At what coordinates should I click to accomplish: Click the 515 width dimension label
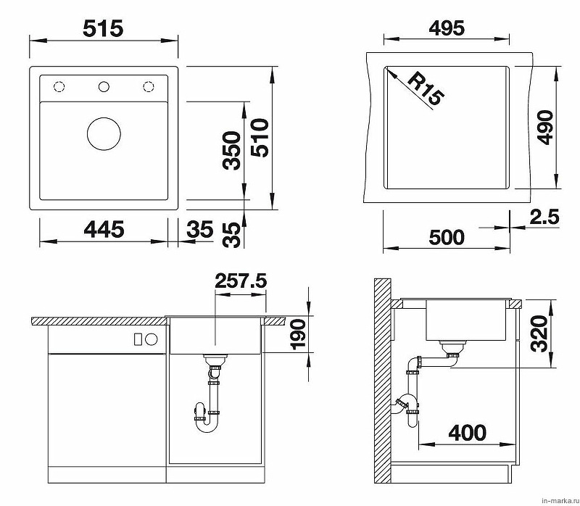[x=103, y=28]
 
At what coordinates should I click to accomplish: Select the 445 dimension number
[x=104, y=229]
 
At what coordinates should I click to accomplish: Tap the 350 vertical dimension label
[x=231, y=150]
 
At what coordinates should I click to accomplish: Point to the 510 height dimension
[x=260, y=138]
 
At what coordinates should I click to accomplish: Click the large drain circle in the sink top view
[x=104, y=134]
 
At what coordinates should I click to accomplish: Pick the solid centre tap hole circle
[x=104, y=86]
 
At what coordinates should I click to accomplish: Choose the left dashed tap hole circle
[x=59, y=86]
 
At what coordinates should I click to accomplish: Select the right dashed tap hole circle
[x=149, y=86]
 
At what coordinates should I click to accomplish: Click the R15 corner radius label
[x=425, y=88]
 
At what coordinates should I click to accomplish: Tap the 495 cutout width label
[x=447, y=28]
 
